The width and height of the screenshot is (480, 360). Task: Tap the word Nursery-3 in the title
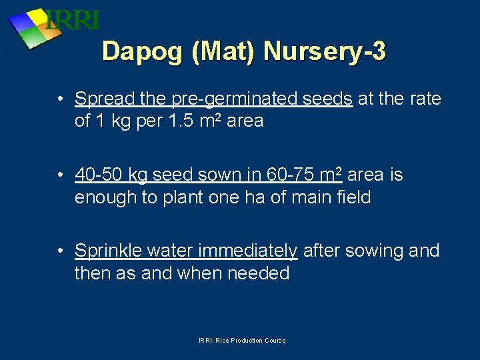click(325, 51)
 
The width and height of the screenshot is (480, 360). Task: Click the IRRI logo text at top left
click(73, 20)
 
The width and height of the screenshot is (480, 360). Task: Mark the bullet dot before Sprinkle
click(61, 251)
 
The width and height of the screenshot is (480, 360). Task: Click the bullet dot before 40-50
click(61, 175)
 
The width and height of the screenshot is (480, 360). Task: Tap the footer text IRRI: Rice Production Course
click(242, 341)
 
